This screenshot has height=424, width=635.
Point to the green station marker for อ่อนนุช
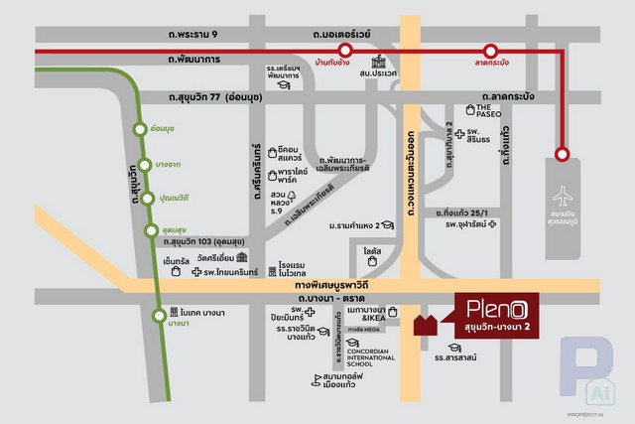[x=141, y=128]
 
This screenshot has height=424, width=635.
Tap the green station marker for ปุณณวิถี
[x=149, y=198]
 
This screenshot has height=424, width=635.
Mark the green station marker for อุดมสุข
[x=151, y=230]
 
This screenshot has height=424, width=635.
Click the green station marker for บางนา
[x=160, y=317]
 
